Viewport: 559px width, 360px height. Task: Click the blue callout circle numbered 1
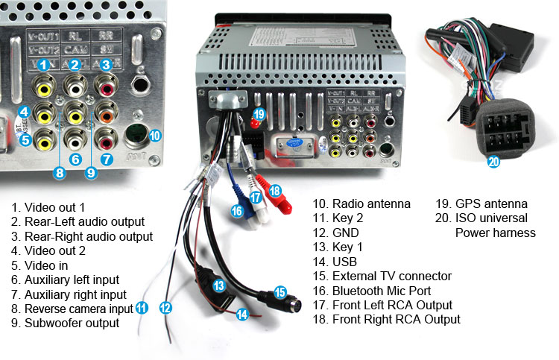[x=44, y=66]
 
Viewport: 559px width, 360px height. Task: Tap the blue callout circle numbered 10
[x=154, y=136]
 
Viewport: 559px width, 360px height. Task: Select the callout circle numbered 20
[x=493, y=160]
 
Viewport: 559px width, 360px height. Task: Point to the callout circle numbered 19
[x=259, y=114]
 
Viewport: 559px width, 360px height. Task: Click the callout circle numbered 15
[x=279, y=291]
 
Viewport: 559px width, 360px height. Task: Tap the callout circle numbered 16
[x=236, y=211]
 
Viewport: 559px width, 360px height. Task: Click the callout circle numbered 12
[x=165, y=306]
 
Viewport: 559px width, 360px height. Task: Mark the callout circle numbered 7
[x=106, y=159]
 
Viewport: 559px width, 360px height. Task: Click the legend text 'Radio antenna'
[x=371, y=203]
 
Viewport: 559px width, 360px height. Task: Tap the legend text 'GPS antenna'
[x=490, y=203]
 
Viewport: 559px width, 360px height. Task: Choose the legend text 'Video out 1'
[x=55, y=207]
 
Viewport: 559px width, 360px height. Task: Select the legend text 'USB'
[x=344, y=262]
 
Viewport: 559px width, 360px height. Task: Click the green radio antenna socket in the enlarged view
[x=134, y=137]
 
